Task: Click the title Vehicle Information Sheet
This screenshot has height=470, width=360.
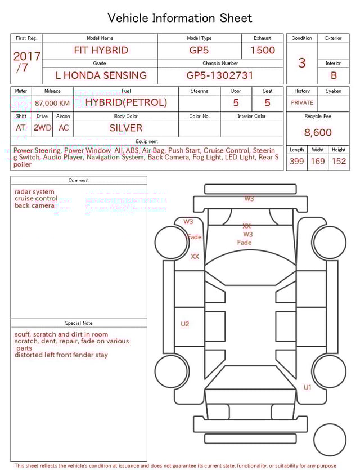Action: [180, 18]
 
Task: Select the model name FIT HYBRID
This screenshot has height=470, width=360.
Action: [101, 50]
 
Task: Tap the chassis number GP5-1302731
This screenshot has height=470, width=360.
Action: [220, 75]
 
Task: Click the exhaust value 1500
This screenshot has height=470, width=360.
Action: [263, 50]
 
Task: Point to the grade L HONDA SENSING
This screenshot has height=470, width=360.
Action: [101, 75]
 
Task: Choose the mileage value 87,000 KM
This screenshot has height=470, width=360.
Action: [52, 103]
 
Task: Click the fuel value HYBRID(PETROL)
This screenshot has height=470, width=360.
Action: [126, 102]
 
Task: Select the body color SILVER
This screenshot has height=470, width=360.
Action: [126, 128]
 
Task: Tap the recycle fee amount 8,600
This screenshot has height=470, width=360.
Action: [318, 133]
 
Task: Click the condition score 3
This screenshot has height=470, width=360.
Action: [301, 63]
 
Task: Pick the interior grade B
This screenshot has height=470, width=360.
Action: [334, 75]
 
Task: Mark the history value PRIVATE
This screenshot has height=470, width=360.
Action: [302, 103]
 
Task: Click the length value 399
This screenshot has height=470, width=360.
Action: [296, 162]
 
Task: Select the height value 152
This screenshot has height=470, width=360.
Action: [339, 162]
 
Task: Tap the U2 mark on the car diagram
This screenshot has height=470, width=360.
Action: [185, 324]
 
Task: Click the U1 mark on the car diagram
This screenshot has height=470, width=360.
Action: [308, 387]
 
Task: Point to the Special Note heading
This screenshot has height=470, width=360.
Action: [79, 323]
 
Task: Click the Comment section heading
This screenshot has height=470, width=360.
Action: [79, 181]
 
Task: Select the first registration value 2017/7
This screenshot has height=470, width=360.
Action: [26, 62]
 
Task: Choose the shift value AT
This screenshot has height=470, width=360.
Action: [21, 128]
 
